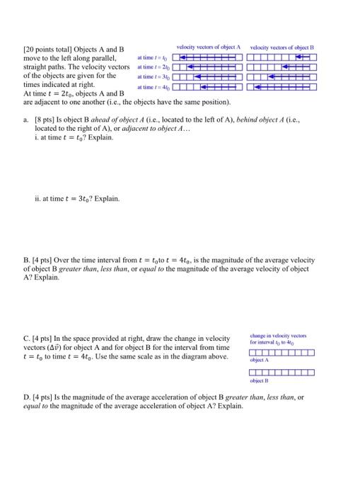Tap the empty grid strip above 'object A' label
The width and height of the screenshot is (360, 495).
[x=281, y=351]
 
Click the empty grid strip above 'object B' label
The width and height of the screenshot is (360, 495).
[x=281, y=373]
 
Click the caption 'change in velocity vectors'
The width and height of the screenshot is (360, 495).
[x=281, y=336]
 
